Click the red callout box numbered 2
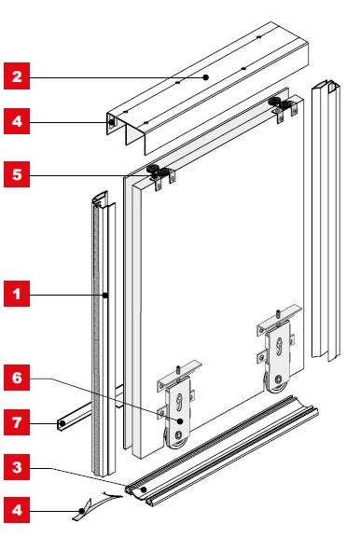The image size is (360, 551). pos(17,76)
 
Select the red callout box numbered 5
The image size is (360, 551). pos(17,174)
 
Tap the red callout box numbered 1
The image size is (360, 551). pos(17,294)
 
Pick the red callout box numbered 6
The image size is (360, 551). pos(17,378)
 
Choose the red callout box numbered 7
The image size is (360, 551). pos(17,422)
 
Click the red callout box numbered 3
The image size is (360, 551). pos(17,467)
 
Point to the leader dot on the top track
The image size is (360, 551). pos(206,77)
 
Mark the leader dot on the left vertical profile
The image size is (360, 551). pos(105,296)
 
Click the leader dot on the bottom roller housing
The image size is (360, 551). pos(180,421)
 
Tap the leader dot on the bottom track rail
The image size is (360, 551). pos(144,489)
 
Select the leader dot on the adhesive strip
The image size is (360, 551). pos(81,511)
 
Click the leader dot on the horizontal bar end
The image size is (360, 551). pos(62,424)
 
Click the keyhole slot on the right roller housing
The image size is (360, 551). pos(279,346)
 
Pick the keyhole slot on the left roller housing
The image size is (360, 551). pos(179,403)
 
